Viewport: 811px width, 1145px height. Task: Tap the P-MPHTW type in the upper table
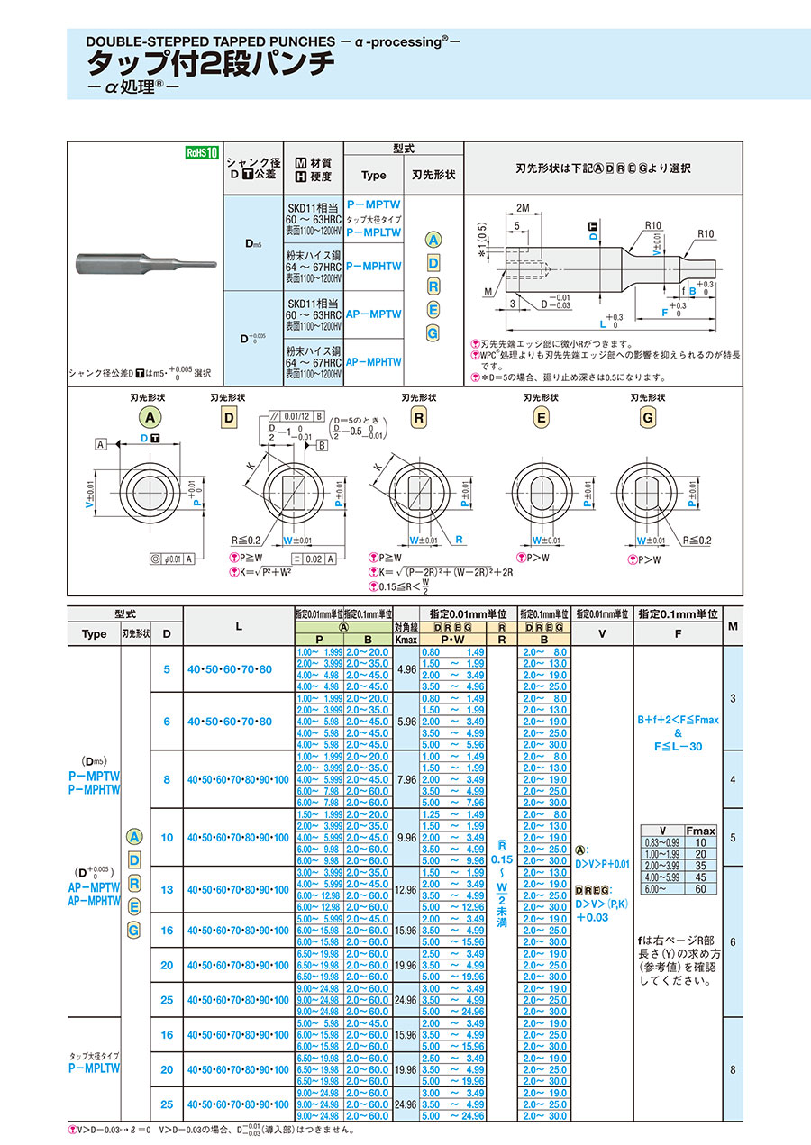coord(373,267)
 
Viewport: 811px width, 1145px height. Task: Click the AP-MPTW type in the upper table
coord(373,314)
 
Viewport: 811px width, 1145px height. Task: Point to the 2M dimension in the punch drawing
coord(524,207)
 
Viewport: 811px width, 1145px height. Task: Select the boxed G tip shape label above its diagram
coord(647,417)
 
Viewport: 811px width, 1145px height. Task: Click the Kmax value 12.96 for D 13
coord(406,890)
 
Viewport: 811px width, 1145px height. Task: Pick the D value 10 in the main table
coord(167,838)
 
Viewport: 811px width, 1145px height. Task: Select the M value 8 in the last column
coord(733,1069)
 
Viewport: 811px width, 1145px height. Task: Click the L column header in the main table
coord(239,626)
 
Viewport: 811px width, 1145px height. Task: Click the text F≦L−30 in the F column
coord(677,747)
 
